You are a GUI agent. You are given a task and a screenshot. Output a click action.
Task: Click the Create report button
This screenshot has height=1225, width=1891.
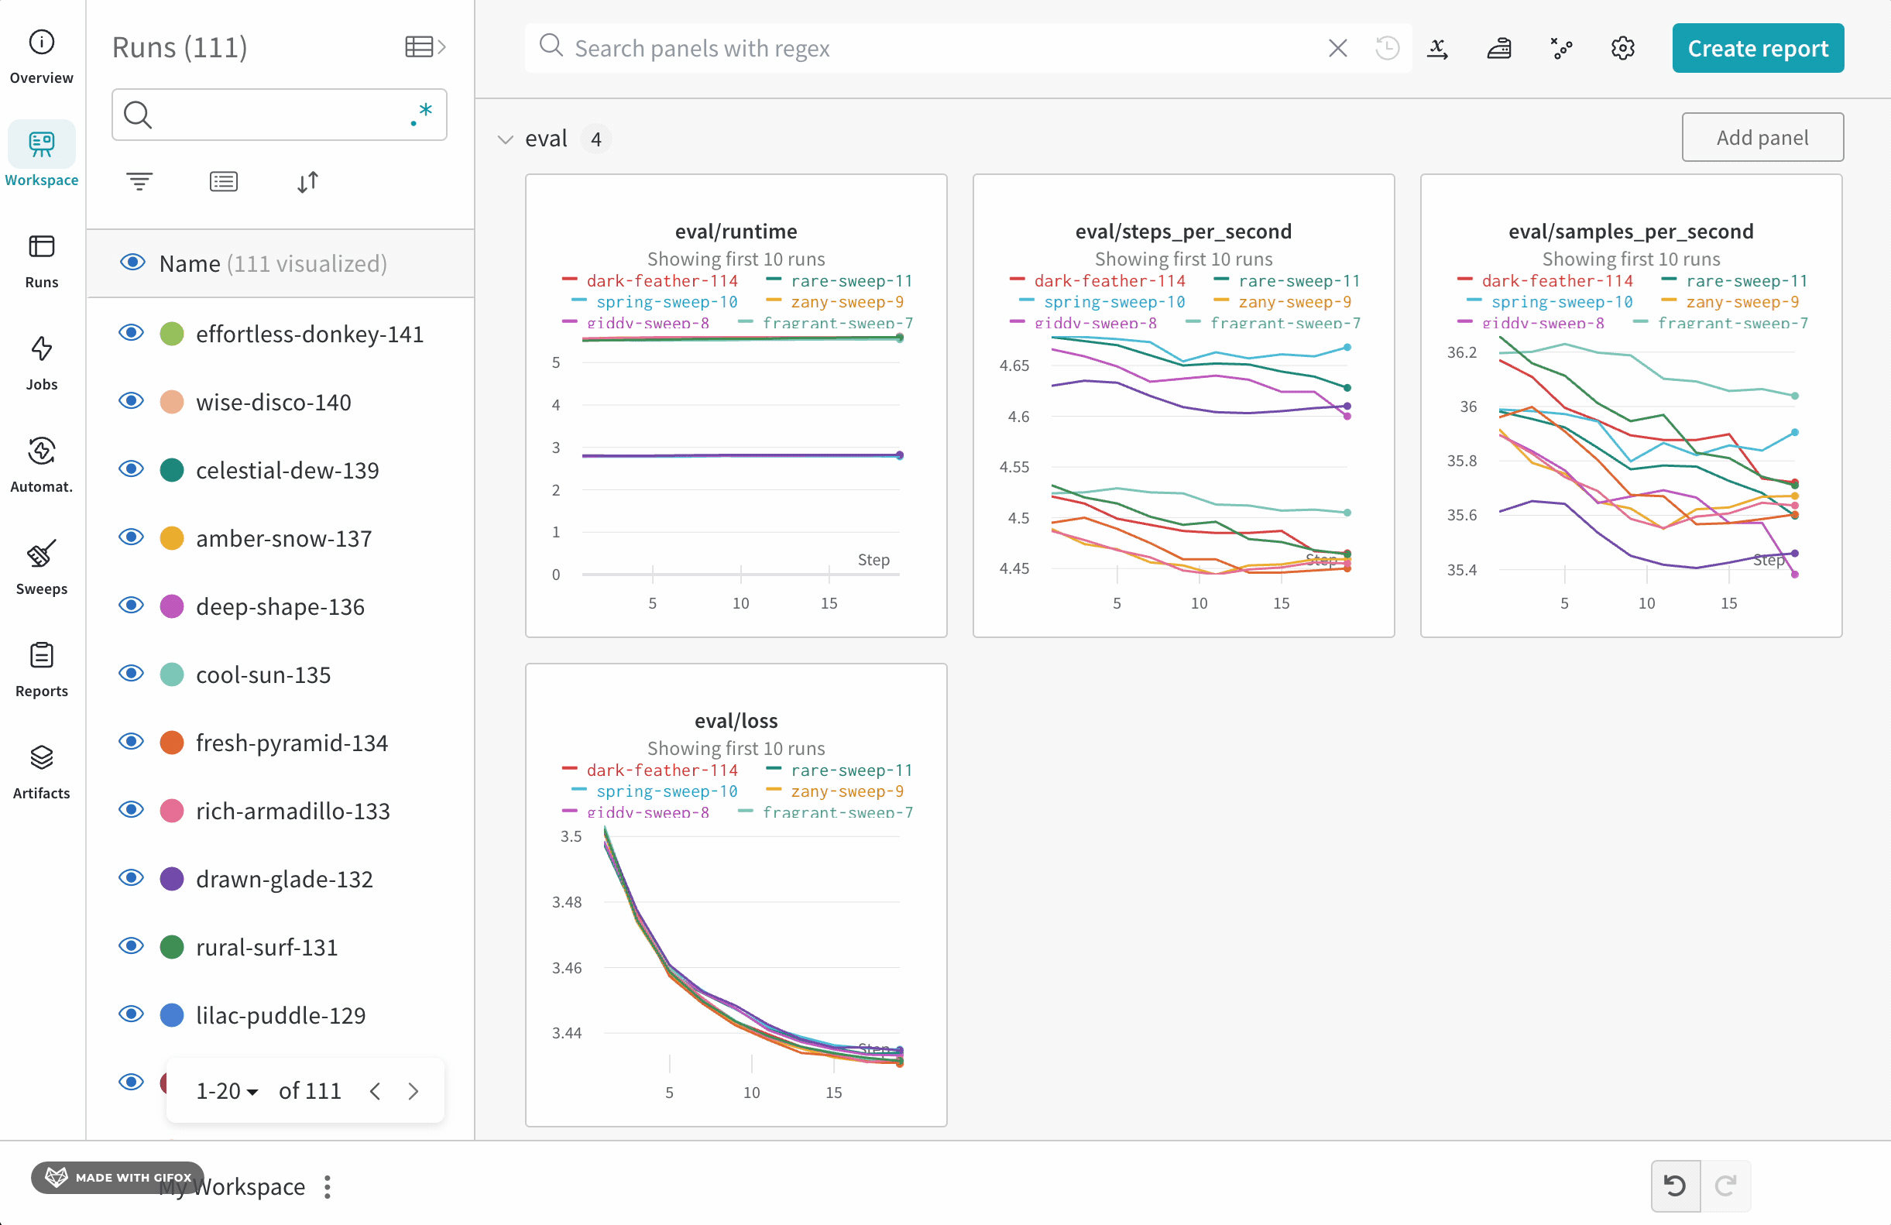click(1757, 49)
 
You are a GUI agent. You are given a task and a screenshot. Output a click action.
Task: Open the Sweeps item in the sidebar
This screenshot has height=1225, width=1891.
click(41, 565)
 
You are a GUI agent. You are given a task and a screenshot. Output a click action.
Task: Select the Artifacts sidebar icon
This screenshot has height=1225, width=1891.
click(41, 770)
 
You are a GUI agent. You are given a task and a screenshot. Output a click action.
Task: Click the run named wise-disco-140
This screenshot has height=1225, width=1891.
click(273, 403)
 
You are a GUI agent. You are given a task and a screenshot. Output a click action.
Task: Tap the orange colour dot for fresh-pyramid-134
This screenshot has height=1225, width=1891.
click(172, 743)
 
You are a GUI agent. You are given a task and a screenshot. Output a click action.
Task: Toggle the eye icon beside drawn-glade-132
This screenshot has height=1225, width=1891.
click(131, 878)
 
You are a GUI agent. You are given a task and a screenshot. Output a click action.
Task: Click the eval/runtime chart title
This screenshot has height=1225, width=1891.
click(736, 232)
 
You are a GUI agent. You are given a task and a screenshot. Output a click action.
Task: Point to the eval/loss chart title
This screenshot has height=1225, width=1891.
click(736, 721)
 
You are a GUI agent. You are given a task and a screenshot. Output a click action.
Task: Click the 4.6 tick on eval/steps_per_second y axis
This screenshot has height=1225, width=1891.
click(1018, 417)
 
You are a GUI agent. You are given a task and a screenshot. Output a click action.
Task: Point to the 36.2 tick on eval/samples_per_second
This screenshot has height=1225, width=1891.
click(1461, 352)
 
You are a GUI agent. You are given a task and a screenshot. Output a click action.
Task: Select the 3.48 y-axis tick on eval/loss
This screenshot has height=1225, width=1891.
click(567, 901)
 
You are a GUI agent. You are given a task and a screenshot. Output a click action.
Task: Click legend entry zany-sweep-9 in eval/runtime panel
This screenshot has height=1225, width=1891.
click(846, 302)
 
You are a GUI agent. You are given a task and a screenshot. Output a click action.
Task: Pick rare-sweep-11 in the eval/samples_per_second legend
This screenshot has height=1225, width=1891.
click(1745, 280)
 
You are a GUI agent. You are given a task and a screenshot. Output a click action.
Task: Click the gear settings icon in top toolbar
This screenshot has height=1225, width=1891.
click(1622, 49)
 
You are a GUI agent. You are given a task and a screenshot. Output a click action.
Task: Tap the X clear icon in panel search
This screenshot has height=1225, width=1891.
click(1337, 49)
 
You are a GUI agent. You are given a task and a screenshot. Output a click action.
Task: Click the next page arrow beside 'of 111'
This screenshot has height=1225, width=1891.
click(414, 1091)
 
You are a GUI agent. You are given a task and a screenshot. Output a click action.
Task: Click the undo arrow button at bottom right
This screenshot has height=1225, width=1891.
click(1675, 1186)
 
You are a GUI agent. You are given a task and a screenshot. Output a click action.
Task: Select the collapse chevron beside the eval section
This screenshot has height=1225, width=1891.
click(506, 140)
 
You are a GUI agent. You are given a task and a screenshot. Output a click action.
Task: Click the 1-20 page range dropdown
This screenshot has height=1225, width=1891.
click(226, 1091)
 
